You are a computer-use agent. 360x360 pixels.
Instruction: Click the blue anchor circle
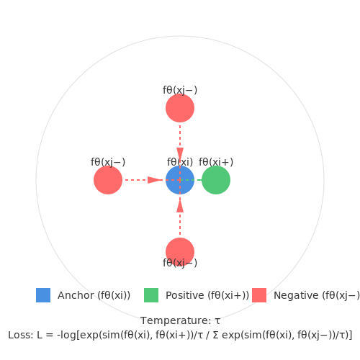[x=180, y=180]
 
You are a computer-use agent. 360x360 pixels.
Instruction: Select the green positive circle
[x=216, y=180]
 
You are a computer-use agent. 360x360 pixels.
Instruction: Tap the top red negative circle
[x=180, y=108]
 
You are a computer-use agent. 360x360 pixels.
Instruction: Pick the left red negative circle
[x=108, y=180]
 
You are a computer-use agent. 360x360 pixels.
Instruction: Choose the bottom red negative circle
[x=180, y=252]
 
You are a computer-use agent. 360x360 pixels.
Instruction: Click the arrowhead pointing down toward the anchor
[x=180, y=154]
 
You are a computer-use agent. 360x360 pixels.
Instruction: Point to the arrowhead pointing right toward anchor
[x=155, y=180]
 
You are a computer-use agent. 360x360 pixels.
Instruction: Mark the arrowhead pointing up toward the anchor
[x=180, y=206]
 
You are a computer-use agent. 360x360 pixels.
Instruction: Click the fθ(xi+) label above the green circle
[x=216, y=162]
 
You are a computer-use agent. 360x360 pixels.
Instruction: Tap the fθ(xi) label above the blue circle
[x=180, y=162]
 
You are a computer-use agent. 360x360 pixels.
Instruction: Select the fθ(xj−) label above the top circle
[x=180, y=90]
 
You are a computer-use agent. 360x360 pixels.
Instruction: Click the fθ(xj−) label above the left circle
[x=108, y=162]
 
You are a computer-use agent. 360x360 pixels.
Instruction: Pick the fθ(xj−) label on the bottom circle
[x=180, y=263]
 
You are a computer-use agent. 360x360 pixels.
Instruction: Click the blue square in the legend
[x=43, y=295]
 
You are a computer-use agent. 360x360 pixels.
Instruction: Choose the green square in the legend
[x=151, y=295]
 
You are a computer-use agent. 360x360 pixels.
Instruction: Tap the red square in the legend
[x=259, y=295]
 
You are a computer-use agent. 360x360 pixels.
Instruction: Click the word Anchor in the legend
[x=76, y=295]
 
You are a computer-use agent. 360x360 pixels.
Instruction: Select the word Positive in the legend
[x=185, y=295]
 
